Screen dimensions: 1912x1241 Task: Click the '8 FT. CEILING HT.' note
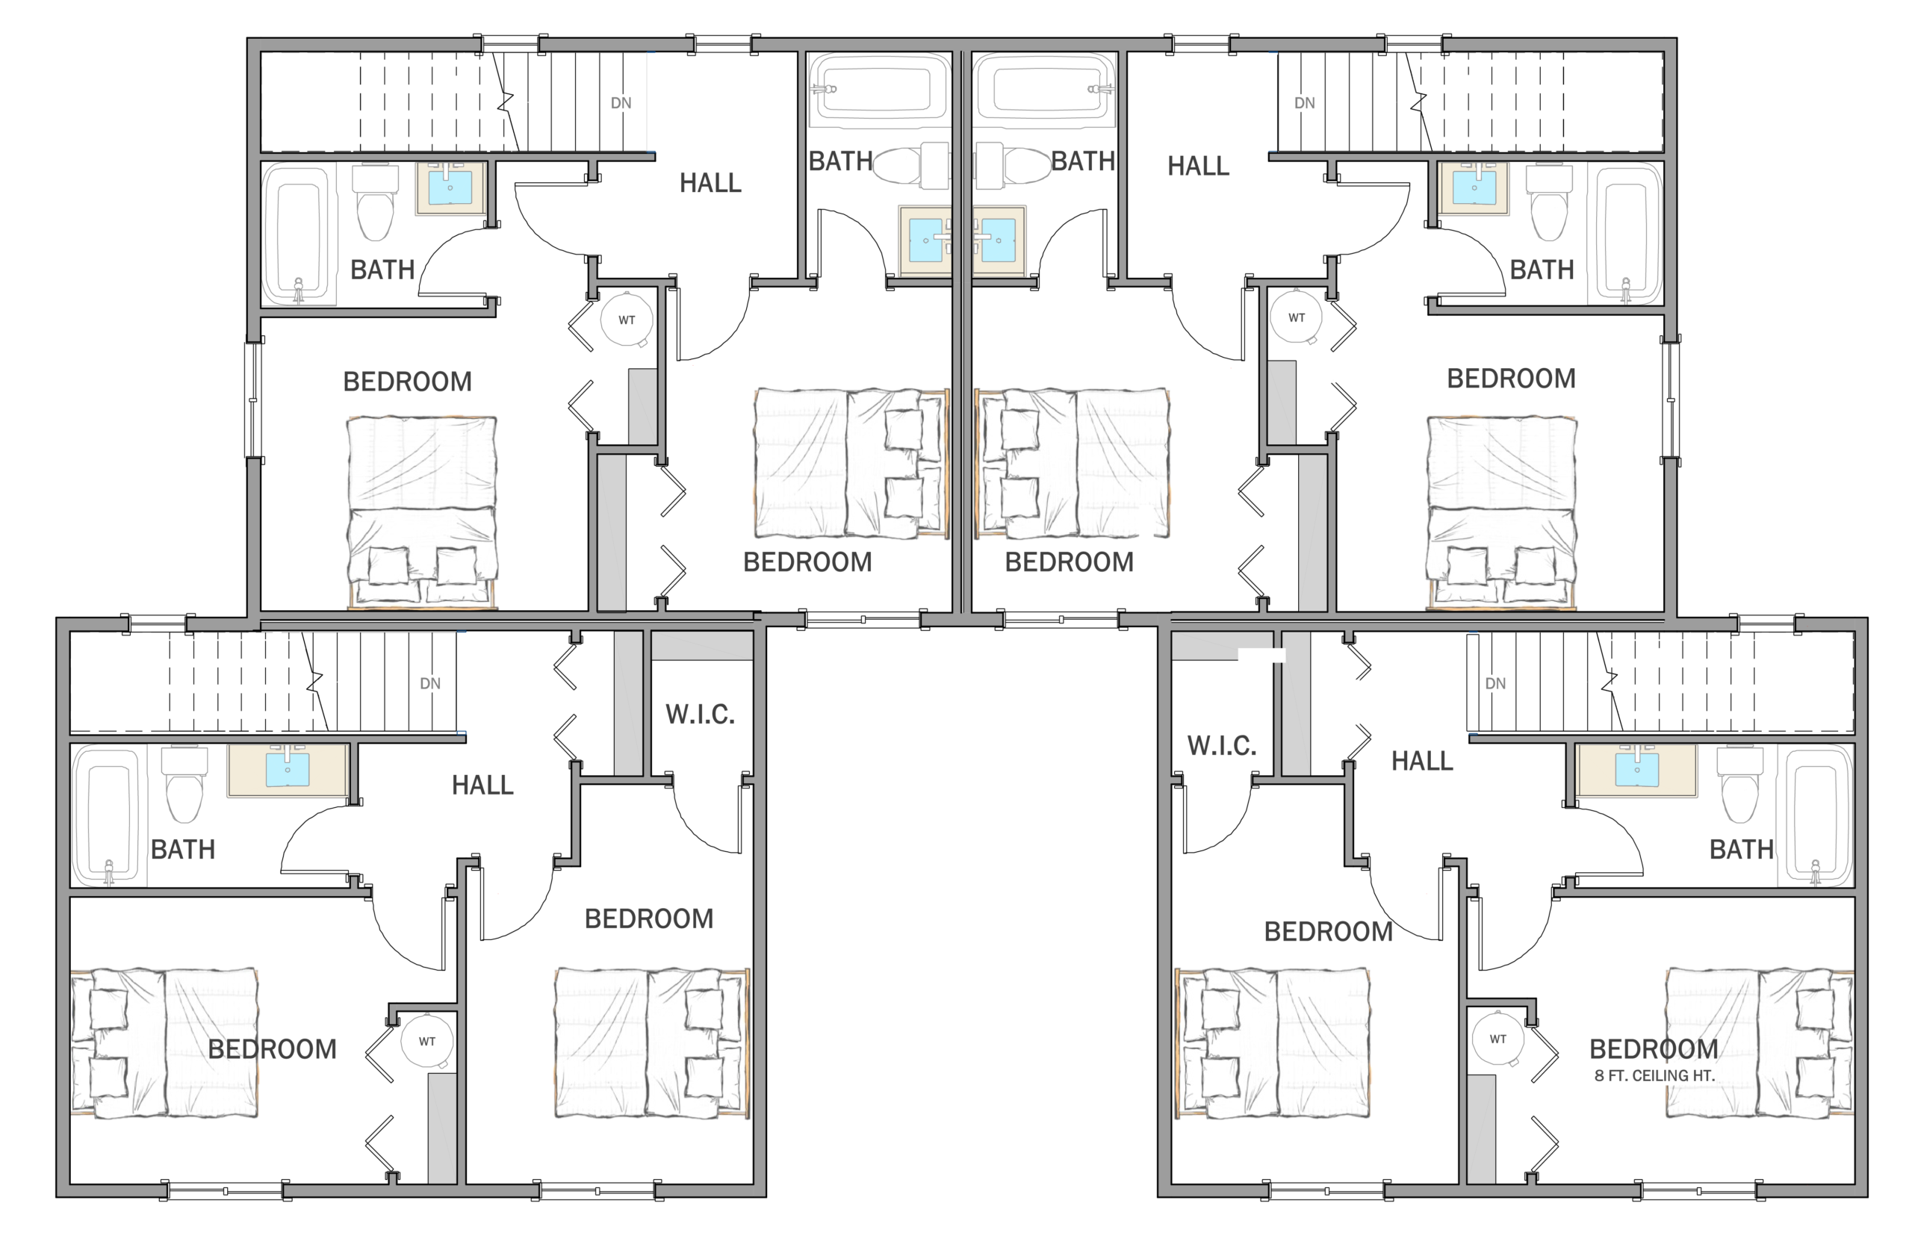(x=1654, y=1075)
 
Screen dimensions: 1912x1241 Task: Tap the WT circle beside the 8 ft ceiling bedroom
(x=1498, y=1039)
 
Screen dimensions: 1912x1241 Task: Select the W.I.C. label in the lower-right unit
(x=1222, y=745)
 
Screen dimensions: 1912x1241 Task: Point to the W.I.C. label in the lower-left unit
(x=700, y=714)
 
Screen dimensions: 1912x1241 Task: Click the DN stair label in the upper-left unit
(x=621, y=103)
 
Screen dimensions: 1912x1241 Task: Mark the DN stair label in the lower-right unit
(x=1495, y=683)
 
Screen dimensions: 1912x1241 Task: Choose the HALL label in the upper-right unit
(x=1198, y=167)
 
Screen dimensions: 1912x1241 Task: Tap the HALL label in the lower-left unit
(x=482, y=785)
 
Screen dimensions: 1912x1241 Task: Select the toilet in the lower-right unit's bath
(x=1739, y=785)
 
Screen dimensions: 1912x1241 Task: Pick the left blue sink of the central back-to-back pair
(x=925, y=240)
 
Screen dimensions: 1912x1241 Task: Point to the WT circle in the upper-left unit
(x=627, y=320)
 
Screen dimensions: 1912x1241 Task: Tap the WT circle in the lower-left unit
(x=427, y=1042)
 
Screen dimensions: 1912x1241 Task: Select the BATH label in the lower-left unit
(x=183, y=849)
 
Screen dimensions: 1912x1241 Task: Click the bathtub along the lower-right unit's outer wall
(x=1819, y=815)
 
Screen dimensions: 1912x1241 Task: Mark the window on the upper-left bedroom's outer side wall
(x=254, y=399)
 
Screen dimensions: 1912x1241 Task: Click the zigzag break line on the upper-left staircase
(x=506, y=102)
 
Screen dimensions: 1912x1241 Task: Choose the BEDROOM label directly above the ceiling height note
(x=1654, y=1049)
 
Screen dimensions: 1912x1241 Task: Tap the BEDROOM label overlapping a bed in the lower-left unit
(x=273, y=1049)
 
